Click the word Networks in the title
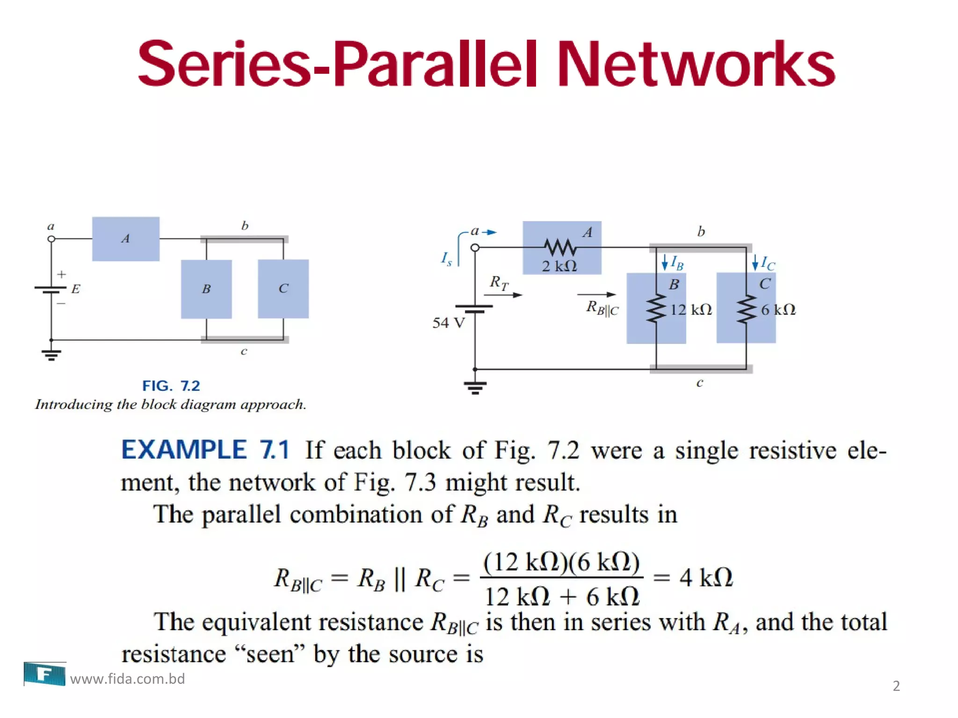696,64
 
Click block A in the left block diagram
125,239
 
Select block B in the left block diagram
206,289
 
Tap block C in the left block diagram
283,288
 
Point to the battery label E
76,289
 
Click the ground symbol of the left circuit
51,355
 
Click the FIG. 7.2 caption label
171,386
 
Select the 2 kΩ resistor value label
559,266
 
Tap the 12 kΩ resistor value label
691,309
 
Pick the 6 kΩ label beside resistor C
778,309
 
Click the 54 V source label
449,323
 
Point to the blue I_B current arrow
665,262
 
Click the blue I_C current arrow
755,262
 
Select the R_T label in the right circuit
499,283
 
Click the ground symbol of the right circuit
475,388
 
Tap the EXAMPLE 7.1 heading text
205,450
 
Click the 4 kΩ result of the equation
706,577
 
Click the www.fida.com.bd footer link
127,679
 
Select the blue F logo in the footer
45,674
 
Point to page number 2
896,686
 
